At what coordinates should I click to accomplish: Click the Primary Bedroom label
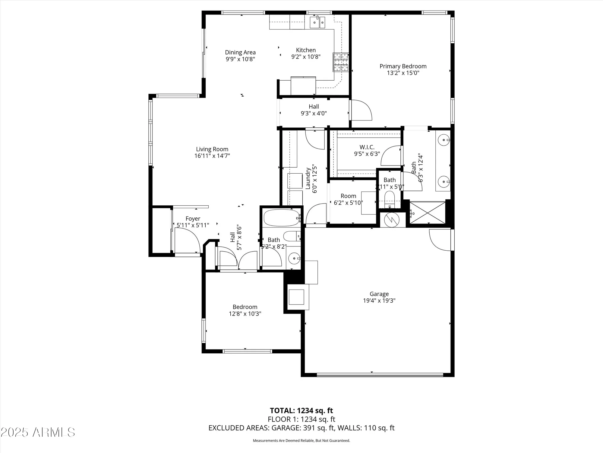[x=403, y=66]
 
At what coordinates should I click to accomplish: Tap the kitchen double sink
[x=318, y=22]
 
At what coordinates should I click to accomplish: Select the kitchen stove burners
[x=341, y=62]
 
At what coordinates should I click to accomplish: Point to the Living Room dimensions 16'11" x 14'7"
[x=212, y=156]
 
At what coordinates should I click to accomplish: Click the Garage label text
[x=379, y=294]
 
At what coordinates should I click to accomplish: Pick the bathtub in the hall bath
[x=281, y=218]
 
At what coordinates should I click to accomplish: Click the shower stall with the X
[x=428, y=213]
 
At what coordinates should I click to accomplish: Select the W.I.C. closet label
[x=367, y=147]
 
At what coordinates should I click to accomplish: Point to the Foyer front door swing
[x=187, y=240]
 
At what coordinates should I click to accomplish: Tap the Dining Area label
[x=240, y=52]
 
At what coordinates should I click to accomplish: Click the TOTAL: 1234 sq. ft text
[x=301, y=410]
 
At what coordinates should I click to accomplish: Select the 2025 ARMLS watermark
[x=38, y=432]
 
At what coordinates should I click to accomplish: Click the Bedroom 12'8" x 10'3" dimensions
[x=245, y=314]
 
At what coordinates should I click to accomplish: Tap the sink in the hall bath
[x=294, y=259]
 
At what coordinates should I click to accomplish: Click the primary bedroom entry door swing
[x=361, y=110]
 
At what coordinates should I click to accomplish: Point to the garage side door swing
[x=440, y=240]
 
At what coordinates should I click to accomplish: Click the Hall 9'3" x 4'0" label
[x=314, y=110]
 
